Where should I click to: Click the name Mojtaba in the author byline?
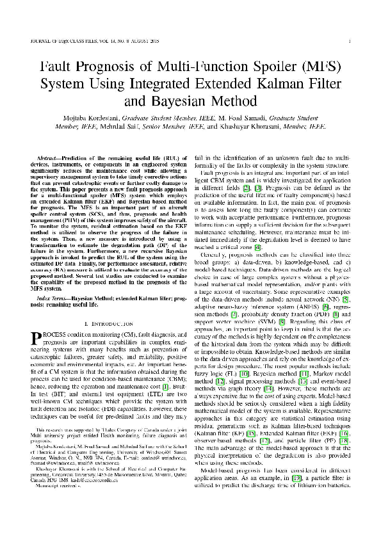coord(93,118)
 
